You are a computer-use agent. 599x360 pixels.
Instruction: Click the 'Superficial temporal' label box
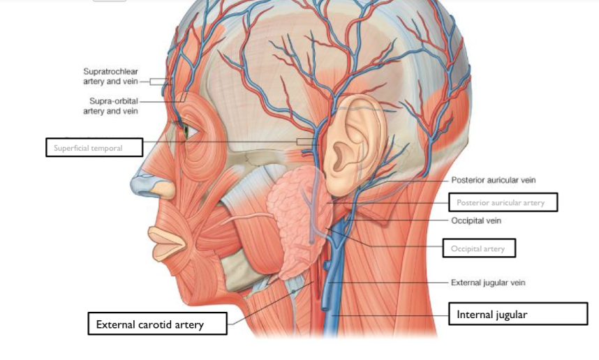(x=94, y=147)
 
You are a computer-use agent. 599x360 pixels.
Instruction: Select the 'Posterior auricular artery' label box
(x=503, y=203)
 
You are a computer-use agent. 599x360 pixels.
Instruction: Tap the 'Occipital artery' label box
(x=478, y=248)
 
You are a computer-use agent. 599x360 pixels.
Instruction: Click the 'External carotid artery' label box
(x=157, y=324)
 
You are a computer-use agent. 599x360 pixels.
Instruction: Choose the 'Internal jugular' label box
(x=517, y=314)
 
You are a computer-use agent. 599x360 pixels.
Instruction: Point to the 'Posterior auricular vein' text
(x=494, y=180)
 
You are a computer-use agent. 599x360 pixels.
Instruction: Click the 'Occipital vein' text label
(x=477, y=220)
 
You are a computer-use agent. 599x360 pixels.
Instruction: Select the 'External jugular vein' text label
(x=488, y=283)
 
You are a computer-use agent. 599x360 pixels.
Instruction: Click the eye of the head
(x=186, y=130)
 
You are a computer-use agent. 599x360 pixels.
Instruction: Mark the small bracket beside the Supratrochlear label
(x=161, y=81)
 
